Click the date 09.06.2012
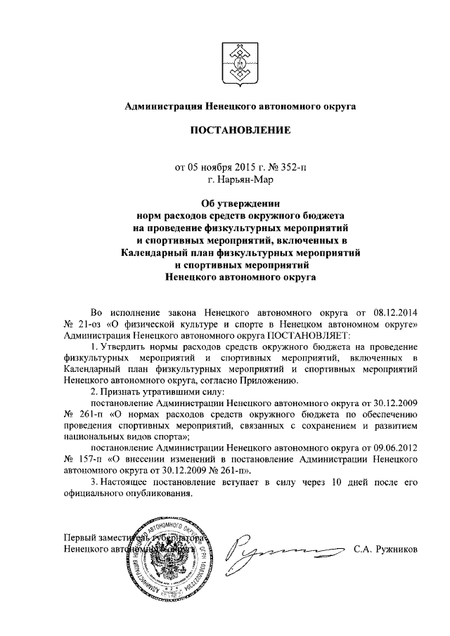385,446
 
